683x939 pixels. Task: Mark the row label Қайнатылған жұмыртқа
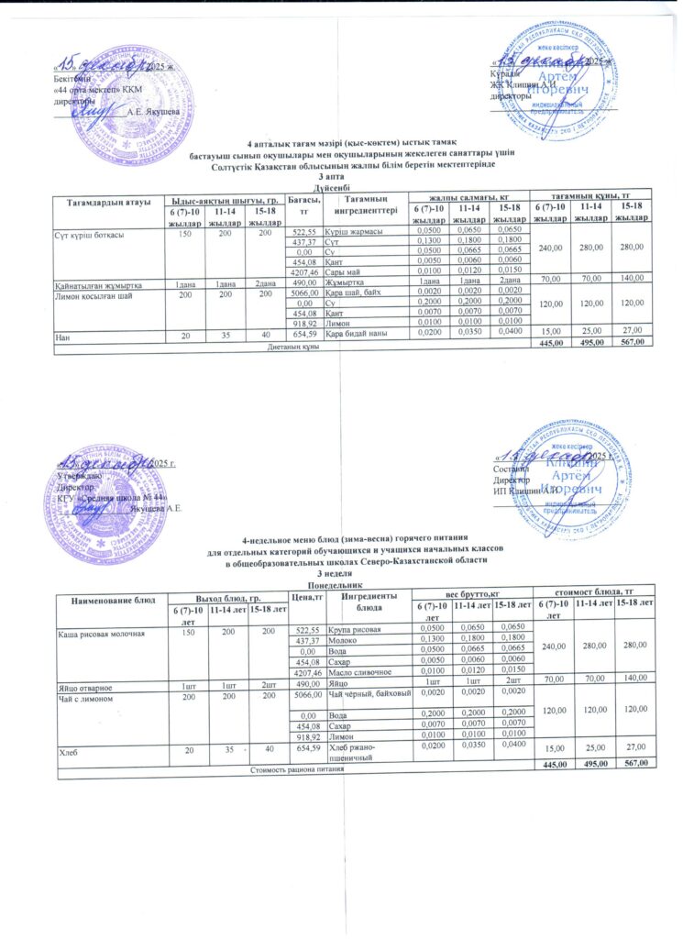pyautogui.click(x=100, y=282)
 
